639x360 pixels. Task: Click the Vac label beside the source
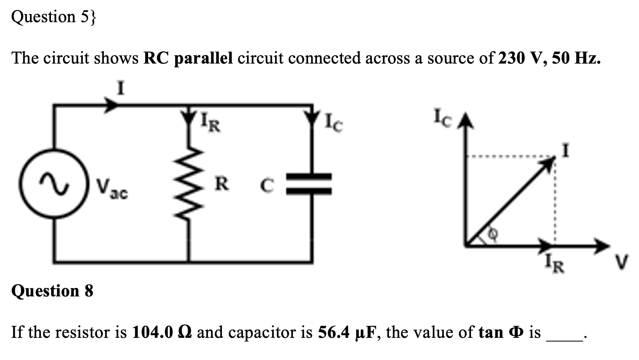pos(112,189)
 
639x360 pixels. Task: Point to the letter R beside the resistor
pos(222,184)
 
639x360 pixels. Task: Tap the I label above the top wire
pos(120,89)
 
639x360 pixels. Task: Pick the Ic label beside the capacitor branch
pos(334,123)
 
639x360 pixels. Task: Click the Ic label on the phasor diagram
pos(442,119)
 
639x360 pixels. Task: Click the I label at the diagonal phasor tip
pos(566,151)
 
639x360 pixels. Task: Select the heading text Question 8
pos(52,291)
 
